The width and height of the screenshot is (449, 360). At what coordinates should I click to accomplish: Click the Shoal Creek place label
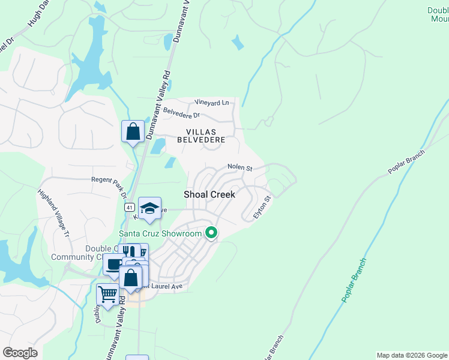209,194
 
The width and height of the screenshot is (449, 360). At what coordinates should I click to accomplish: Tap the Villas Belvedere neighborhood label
205,135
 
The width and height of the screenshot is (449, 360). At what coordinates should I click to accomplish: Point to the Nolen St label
240,167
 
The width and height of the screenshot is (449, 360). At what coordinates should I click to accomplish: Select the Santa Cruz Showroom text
160,233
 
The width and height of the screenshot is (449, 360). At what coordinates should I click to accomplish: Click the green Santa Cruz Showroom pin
211,232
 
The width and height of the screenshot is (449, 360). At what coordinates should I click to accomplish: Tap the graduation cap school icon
149,208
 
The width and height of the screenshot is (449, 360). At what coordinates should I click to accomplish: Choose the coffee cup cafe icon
113,264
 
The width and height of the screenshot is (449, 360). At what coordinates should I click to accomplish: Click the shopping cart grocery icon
107,294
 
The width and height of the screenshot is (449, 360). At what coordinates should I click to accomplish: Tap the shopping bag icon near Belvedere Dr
133,131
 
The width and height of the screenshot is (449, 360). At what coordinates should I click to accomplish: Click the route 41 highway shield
129,207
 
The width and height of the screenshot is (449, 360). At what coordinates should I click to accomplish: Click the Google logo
20,353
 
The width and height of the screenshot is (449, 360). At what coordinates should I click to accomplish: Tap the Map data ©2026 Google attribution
412,355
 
